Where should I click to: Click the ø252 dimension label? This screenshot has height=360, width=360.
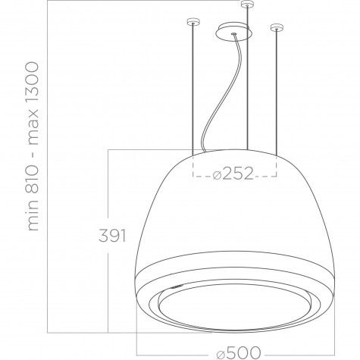coord(233,174)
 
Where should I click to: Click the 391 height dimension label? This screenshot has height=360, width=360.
coord(112,236)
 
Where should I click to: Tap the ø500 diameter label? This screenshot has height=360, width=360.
coord(239,352)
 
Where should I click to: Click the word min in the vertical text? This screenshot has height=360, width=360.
coord(33,215)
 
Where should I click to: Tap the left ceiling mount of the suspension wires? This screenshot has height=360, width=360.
coord(193,22)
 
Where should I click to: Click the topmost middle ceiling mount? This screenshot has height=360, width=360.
coord(247,5)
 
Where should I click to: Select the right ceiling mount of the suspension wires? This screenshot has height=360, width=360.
coord(277,27)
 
